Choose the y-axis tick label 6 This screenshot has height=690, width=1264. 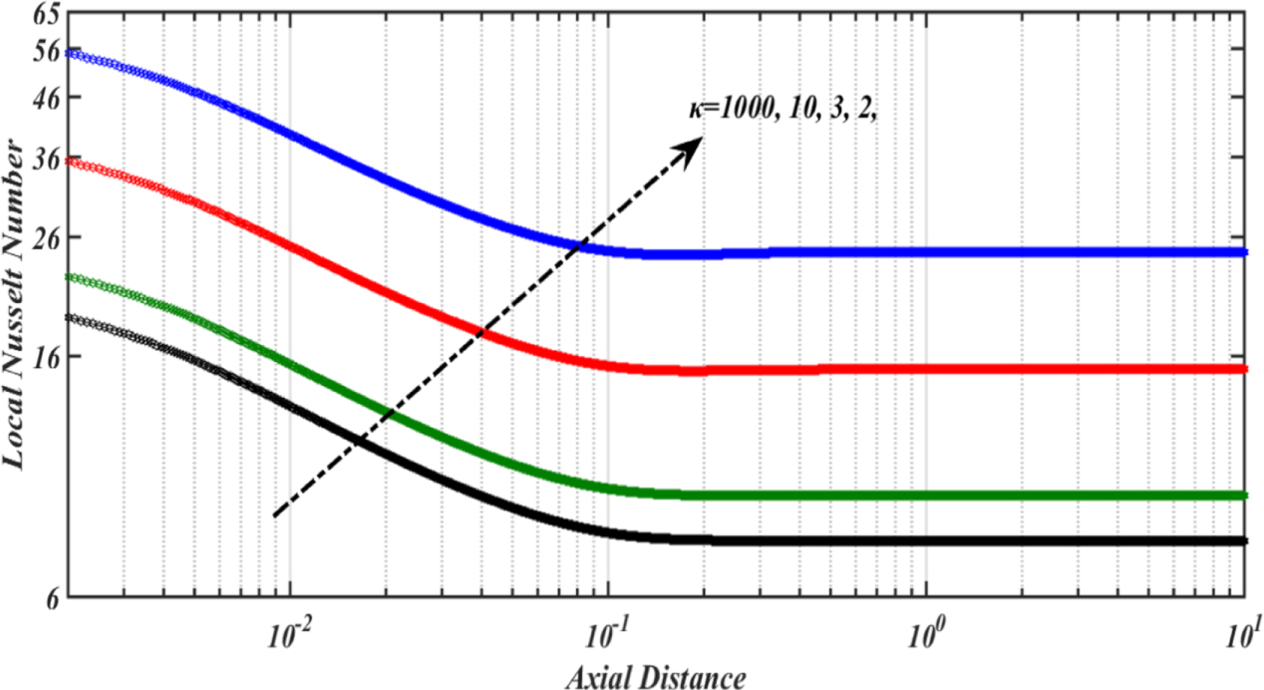click(49, 597)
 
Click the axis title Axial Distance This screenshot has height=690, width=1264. click(655, 677)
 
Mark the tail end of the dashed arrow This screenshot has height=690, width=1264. click(275, 516)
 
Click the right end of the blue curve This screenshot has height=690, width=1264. click(1245, 252)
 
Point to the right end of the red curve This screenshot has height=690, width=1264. click(1245, 369)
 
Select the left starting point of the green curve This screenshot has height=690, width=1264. click(66, 276)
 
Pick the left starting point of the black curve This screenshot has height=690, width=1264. click(66, 317)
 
